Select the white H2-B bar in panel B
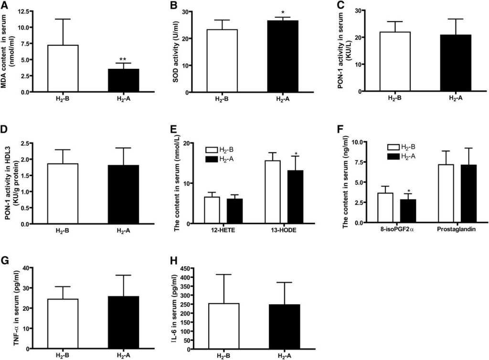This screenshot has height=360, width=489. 222,61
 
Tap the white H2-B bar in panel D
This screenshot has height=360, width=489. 63,193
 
